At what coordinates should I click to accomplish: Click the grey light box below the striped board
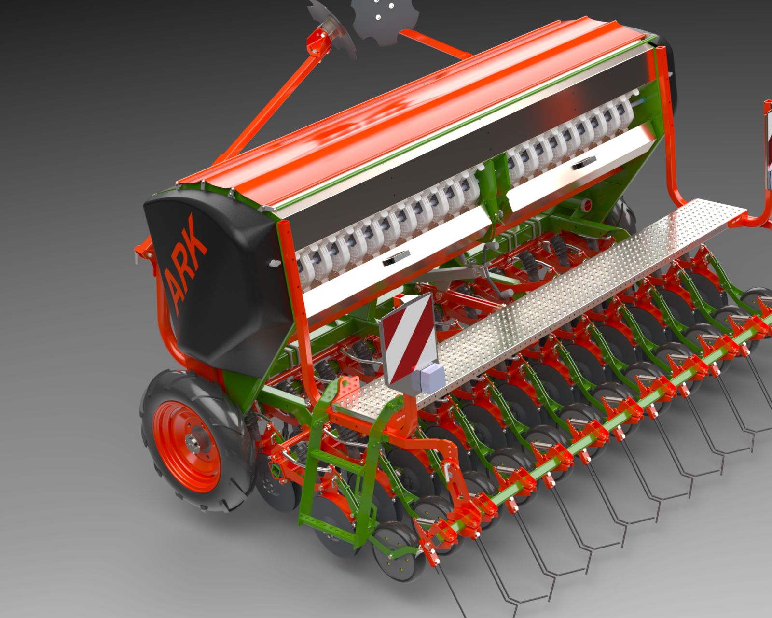427,376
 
